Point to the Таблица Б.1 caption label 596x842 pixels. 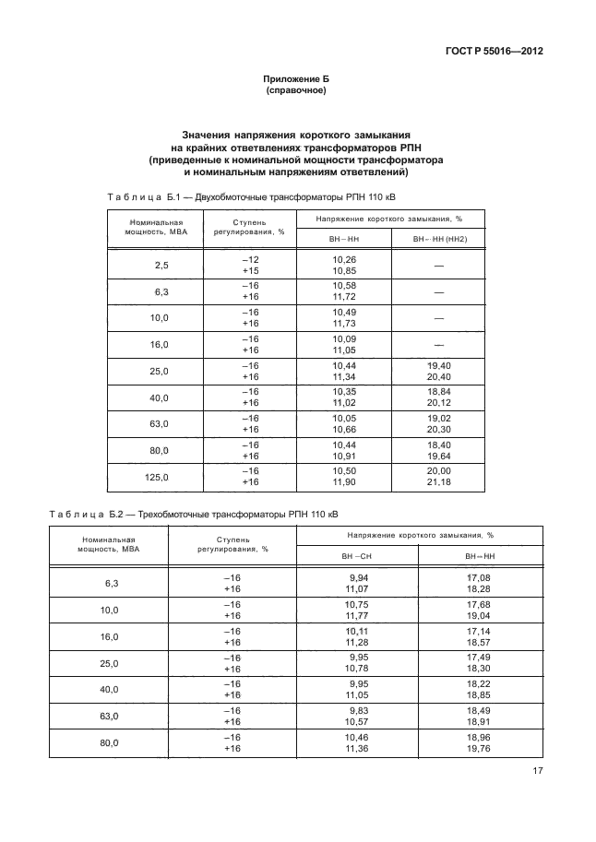tap(137, 197)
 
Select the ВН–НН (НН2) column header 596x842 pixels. tap(440, 239)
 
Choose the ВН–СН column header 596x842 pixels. tap(356, 556)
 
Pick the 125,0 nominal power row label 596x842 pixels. tap(160, 477)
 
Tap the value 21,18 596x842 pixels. tap(440, 482)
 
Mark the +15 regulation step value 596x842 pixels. tap(250, 271)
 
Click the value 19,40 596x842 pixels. tap(440, 366)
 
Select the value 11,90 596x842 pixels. tap(343, 482)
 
